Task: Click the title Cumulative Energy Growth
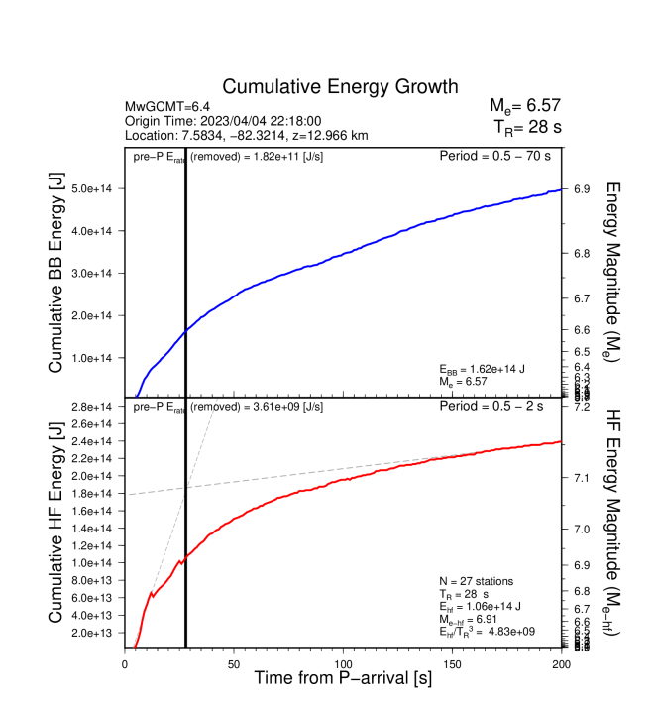click(x=340, y=87)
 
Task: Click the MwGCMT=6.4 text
click(x=164, y=106)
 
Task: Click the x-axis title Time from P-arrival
click(x=343, y=679)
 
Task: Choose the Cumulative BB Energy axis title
click(x=56, y=273)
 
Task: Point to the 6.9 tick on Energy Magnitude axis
click(x=583, y=188)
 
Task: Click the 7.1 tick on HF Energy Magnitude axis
click(x=583, y=478)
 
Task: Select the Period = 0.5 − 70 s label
click(x=494, y=156)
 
